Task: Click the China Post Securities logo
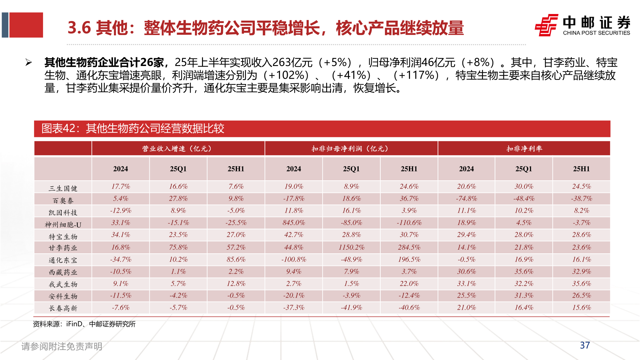click(x=582, y=25)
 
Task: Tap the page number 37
click(x=585, y=345)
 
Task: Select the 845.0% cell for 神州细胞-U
click(x=294, y=223)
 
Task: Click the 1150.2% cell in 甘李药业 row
click(x=351, y=247)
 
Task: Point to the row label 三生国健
click(x=63, y=188)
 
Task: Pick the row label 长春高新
click(x=63, y=308)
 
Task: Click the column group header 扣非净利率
click(x=524, y=149)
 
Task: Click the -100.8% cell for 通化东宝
click(x=294, y=259)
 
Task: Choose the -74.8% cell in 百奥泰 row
click(x=466, y=199)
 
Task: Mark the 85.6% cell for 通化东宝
click(x=236, y=259)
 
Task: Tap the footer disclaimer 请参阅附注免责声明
click(x=62, y=346)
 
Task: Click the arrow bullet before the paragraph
click(x=29, y=62)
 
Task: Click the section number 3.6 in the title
click(x=79, y=28)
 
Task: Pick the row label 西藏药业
click(x=63, y=272)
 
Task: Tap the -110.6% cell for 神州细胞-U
click(x=409, y=223)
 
